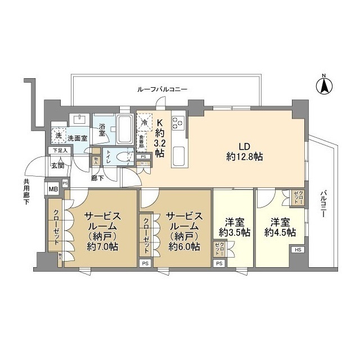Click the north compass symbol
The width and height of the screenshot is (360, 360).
324,86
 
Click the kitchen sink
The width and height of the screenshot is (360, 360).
179,153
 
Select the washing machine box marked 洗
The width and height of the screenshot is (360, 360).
58,136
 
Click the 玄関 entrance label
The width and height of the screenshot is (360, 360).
58,165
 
